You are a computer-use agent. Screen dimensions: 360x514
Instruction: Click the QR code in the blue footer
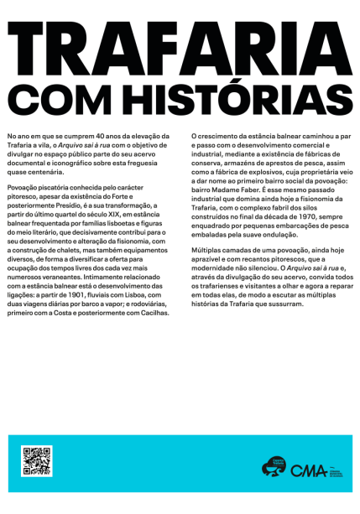(37, 462)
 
